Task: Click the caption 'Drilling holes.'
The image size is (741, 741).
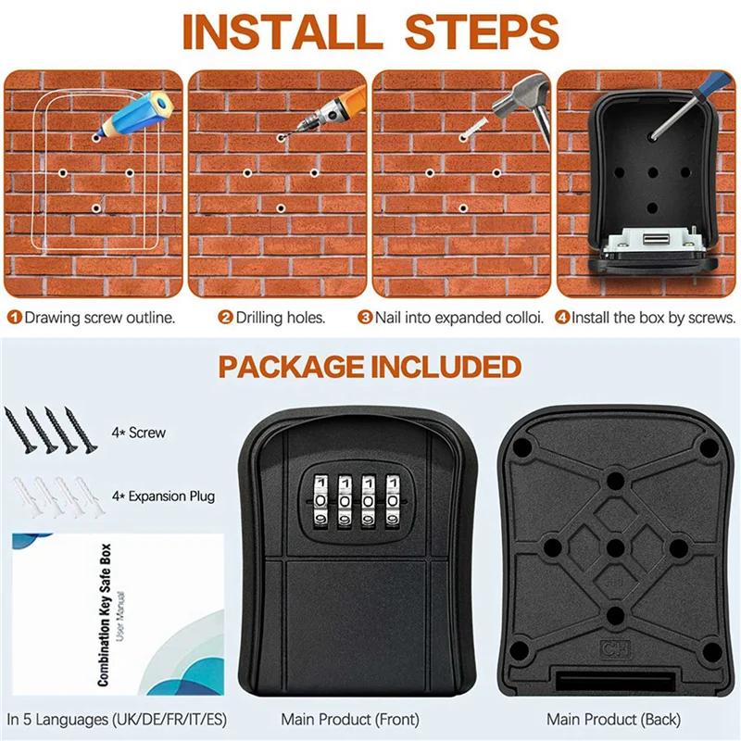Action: coord(279,318)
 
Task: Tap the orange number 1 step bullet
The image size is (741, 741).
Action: coord(14,318)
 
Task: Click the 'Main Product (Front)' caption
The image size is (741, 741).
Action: coord(349,719)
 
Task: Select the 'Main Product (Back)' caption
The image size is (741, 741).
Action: coord(613,719)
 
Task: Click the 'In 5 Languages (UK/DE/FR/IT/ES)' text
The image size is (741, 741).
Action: coord(117,719)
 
